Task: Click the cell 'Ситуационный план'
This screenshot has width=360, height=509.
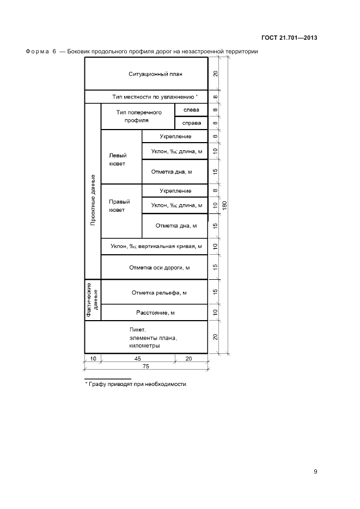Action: pos(146,73)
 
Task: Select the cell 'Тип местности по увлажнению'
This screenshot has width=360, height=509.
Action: pos(146,96)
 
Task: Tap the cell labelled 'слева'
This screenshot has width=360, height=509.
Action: pos(191,110)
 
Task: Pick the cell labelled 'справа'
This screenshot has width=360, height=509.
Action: pos(191,123)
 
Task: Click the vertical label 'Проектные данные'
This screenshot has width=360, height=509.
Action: pos(93,200)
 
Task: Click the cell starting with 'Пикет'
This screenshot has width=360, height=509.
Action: pos(146,338)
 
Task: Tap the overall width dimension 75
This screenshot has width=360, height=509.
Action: pos(146,367)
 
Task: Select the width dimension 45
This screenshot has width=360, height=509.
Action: pos(137,358)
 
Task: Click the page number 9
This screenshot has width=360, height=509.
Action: pos(315,471)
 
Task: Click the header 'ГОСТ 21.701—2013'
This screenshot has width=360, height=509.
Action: pos(289,38)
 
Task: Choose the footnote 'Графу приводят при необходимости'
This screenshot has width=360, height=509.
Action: pos(136,384)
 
